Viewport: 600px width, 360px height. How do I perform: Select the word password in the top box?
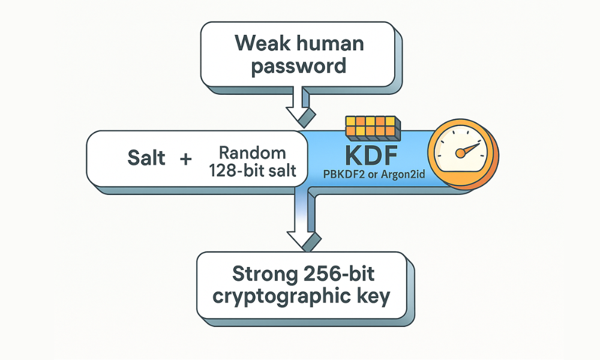point(299,65)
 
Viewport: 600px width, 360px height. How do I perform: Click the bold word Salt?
point(147,159)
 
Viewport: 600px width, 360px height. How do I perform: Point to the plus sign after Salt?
point(185,159)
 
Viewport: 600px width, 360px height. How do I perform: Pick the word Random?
point(252,151)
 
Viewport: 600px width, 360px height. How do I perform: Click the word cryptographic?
point(280,296)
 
